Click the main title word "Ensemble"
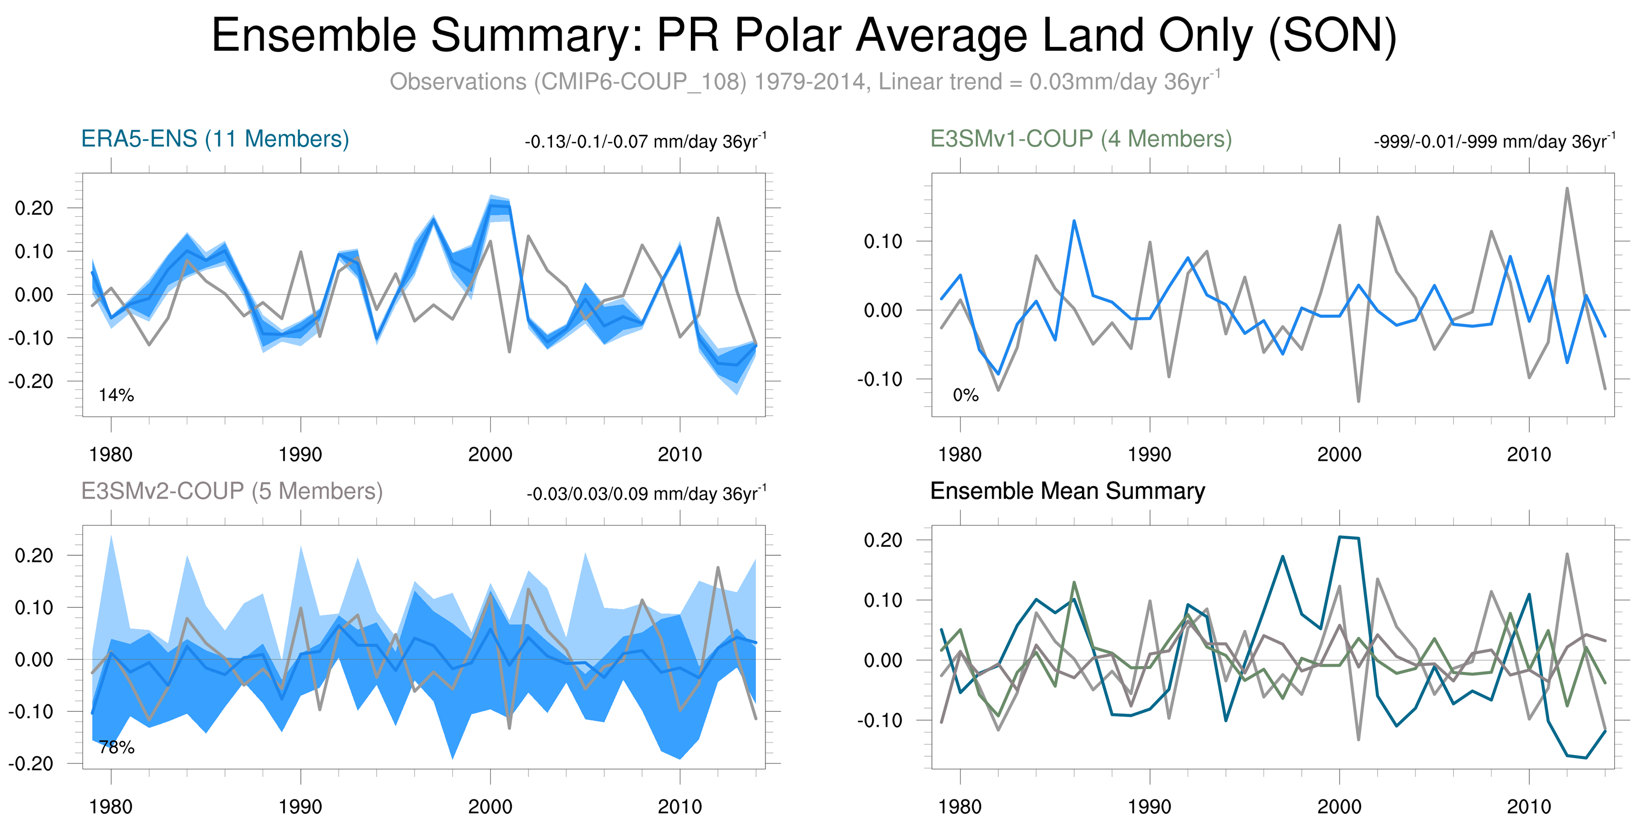(313, 36)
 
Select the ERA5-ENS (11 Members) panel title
(215, 139)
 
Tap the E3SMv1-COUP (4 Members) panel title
(1080, 139)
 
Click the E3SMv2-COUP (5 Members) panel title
(231, 491)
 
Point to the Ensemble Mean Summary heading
(1067, 491)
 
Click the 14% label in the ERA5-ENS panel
(116, 395)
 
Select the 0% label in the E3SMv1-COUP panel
(965, 395)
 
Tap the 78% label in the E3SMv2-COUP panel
(116, 748)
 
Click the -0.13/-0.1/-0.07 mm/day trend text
(645, 141)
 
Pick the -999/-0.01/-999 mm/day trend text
(1494, 141)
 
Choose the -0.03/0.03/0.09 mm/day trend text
(646, 493)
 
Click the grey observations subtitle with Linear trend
(805, 81)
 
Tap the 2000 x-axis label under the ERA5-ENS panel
(490, 454)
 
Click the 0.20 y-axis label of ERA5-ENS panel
(34, 208)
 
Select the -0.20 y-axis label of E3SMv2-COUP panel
(31, 763)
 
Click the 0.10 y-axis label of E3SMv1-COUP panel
(883, 241)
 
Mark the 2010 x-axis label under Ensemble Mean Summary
(1528, 806)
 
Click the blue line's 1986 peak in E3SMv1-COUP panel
(1074, 221)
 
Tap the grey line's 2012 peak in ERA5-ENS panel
(718, 218)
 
